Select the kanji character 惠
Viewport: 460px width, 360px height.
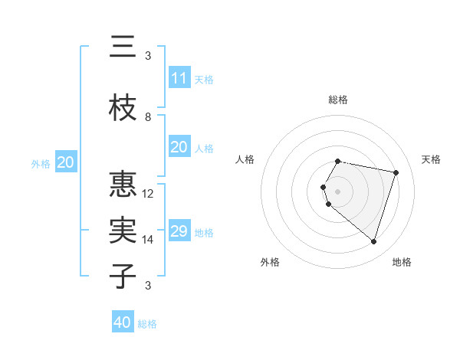[x=123, y=185]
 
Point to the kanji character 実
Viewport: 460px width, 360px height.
[x=123, y=231]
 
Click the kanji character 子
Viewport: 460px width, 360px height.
[x=123, y=276]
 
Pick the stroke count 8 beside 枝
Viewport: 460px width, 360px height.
[x=148, y=117]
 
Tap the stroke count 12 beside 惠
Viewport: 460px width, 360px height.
[x=148, y=194]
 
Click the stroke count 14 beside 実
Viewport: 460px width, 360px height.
[x=148, y=240]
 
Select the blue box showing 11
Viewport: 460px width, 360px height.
[x=179, y=78]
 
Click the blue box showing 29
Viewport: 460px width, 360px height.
[x=179, y=231]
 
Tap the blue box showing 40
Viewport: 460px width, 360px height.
[x=123, y=322]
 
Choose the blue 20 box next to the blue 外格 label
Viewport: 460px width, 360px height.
[x=66, y=162]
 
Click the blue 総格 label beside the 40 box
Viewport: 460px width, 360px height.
[x=147, y=324]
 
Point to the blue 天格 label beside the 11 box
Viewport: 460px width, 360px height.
[x=204, y=80]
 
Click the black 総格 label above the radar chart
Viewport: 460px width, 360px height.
[x=338, y=100]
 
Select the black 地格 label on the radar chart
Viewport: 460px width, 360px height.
[x=402, y=262]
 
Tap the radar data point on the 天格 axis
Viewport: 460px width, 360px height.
[x=396, y=172]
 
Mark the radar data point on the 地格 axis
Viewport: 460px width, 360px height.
[x=373, y=242]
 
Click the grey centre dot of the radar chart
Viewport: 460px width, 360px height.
[x=338, y=190]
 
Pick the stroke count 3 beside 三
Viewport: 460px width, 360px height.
[x=148, y=56]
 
